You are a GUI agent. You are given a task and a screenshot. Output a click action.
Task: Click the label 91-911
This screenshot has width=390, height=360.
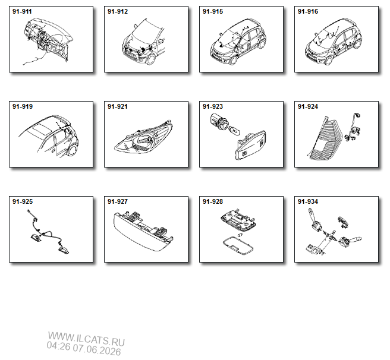pyautogui.click(x=22, y=11)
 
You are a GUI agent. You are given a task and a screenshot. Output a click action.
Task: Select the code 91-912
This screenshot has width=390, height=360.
pyautogui.click(x=118, y=11)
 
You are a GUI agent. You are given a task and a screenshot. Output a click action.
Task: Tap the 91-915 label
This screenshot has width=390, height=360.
pyautogui.click(x=213, y=11)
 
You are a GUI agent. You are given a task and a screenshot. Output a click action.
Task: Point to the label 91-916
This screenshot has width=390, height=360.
pyautogui.click(x=308, y=11)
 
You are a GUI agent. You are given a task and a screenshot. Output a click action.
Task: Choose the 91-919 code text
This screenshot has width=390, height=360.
pyautogui.click(x=23, y=106)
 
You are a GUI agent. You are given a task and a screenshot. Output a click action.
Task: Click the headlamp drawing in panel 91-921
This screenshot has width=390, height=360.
pyautogui.click(x=144, y=137)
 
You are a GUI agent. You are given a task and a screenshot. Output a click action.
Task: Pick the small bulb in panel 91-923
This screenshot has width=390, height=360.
pyautogui.click(x=234, y=130)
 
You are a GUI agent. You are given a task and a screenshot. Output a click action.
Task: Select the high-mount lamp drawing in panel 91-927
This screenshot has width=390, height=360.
pyautogui.click(x=143, y=231)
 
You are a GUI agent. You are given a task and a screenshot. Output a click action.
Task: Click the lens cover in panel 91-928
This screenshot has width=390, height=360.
pyautogui.click(x=238, y=245)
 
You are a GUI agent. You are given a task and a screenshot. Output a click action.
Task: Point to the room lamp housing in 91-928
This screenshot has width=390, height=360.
pyautogui.click(x=238, y=219)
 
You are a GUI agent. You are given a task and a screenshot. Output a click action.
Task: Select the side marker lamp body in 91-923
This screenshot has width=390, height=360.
pyautogui.click(x=250, y=146)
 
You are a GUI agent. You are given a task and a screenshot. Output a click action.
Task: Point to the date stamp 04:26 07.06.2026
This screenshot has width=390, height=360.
pyautogui.click(x=84, y=348)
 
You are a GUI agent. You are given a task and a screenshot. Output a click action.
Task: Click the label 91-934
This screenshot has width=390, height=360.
pyautogui.click(x=308, y=201)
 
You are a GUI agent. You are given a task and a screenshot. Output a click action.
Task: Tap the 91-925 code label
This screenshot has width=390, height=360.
pyautogui.click(x=23, y=201)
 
